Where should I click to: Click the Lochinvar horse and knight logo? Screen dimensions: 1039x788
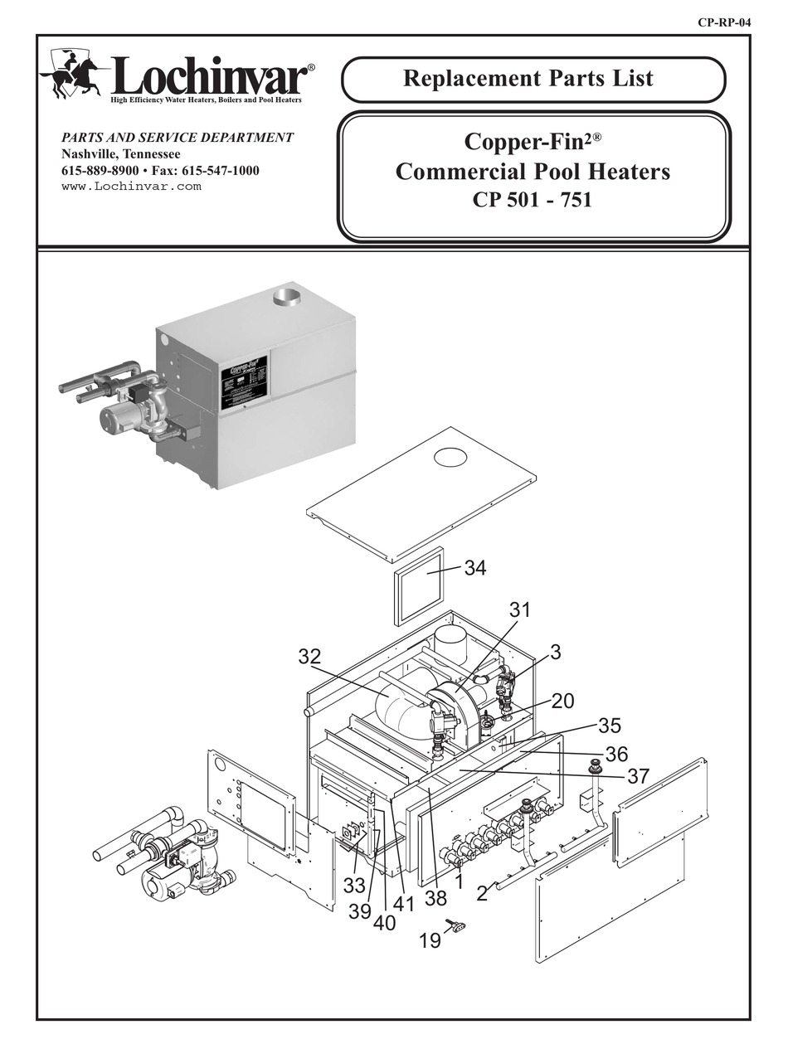coord(72,74)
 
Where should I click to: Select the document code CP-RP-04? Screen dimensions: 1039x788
coord(724,22)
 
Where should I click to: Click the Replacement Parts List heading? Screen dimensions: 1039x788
coord(528,79)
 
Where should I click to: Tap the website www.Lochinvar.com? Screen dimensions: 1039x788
coord(131,186)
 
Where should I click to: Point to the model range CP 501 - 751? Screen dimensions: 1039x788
coord(532,200)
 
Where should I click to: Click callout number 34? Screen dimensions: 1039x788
coord(475,569)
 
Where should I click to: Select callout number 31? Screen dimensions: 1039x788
coord(519,610)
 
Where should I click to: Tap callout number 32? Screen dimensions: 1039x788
coord(309,658)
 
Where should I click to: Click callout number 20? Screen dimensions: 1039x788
coord(562,702)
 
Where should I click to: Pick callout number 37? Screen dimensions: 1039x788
coord(638,776)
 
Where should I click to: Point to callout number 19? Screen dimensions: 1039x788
coord(430,942)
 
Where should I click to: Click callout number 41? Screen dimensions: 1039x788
coord(404,904)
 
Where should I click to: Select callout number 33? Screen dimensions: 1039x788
coord(355,886)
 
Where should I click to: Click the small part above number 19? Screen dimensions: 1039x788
coord(455,925)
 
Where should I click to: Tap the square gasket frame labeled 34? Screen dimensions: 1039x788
coord(420,585)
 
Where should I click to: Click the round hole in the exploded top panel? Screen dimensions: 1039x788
coord(451,457)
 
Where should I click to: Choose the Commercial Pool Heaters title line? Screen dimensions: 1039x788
coord(533,172)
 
